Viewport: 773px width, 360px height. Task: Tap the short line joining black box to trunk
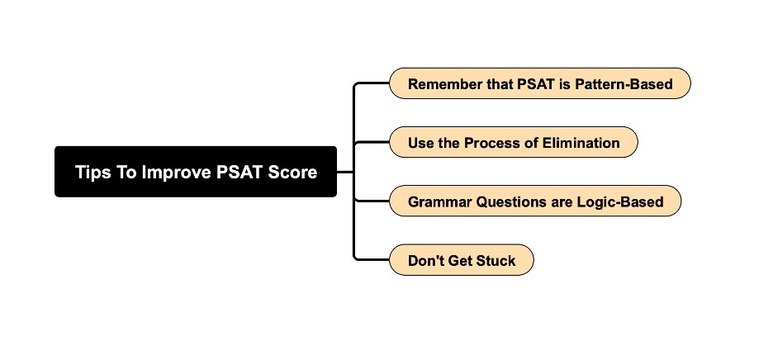(345, 172)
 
